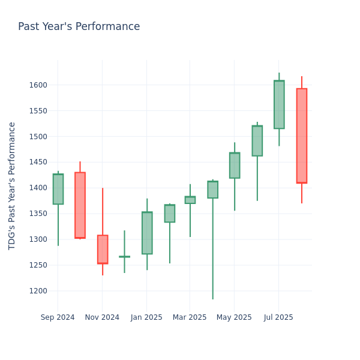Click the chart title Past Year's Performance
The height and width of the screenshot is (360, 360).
pos(79,27)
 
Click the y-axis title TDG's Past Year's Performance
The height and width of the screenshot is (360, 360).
pos(12,185)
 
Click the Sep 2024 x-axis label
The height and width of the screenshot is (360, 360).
pos(58,317)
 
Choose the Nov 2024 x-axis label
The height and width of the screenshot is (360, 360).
pos(102,317)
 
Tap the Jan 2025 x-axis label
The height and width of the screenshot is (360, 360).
pos(146,317)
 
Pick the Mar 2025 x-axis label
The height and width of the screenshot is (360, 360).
pos(190,317)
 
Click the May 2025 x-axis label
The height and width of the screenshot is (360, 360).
pos(234,317)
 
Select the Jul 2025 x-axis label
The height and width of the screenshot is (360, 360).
pos(278,317)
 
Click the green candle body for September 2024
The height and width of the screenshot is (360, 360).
pos(58,189)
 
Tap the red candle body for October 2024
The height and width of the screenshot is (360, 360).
pos(80,205)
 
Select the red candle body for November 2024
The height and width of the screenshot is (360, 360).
pos(103,249)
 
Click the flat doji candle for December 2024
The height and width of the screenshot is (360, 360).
pos(124,257)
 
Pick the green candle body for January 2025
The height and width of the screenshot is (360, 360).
pos(147,233)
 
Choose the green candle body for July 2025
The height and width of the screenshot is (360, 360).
pos(279,104)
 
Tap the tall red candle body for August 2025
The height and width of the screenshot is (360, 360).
pos(301,136)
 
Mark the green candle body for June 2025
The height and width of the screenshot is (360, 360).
pos(257,140)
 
